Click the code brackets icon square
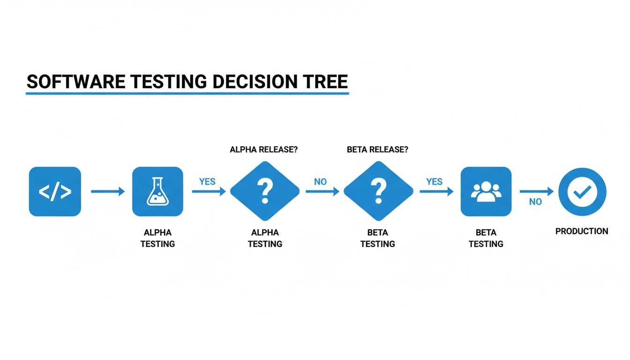pos(55,192)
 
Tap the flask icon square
pos(157,192)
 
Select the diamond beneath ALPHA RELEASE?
pos(265,191)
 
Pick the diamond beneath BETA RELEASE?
pos(378,191)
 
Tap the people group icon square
pos(486,192)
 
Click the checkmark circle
pos(582,192)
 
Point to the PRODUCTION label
pos(582,231)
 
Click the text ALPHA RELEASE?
pos(264,150)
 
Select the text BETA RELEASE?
pos(378,150)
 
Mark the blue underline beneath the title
pos(187,93)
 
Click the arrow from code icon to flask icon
pos(108,191)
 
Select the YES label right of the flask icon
pos(207,181)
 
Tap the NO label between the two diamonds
pos(321,181)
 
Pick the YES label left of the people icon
pos(435,181)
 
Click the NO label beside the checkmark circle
pos(535,202)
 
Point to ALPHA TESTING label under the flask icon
pos(157,238)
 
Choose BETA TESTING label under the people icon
pos(486,238)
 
